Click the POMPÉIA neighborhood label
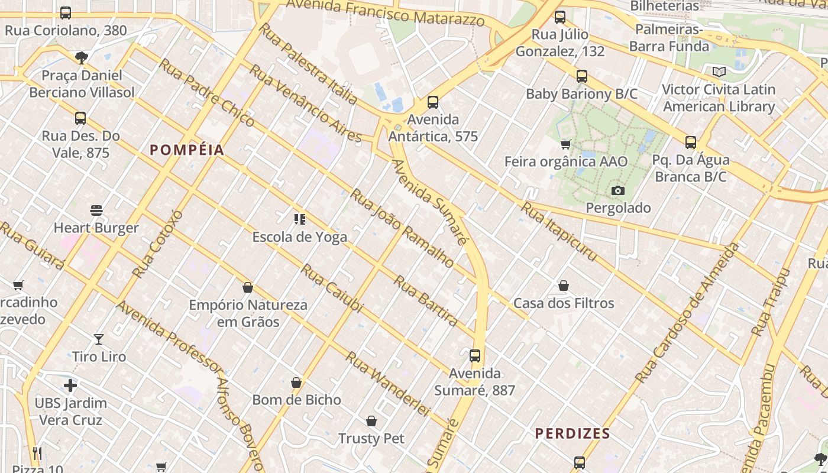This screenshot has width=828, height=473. pos(187,150)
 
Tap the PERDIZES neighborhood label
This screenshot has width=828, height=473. pos(572,433)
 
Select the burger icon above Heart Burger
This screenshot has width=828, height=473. pos(96,210)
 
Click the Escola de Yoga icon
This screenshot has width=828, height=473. pos(300,219)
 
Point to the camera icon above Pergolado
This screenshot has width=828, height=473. pos(618,190)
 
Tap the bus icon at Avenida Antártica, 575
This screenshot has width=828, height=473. pos(433,102)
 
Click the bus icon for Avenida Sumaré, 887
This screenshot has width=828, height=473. pos(475,356)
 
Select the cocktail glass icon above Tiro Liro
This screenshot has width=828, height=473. pos(99,339)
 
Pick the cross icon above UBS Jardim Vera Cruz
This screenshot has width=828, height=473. pos(70,386)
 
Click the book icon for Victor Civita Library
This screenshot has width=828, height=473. pos(719,72)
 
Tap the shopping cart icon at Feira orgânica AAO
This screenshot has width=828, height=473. pos(566,144)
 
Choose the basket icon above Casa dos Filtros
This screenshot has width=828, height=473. pos(564,286)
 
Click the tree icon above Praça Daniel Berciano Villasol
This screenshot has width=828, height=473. pos(82,58)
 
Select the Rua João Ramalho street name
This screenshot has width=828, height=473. pos(402,228)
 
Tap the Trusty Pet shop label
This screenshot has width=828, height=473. pos(371,438)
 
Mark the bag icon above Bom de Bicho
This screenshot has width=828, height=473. pos(296,383)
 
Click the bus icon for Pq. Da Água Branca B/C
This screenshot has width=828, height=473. pos(690,142)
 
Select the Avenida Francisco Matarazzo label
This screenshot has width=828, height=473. pos(385,13)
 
